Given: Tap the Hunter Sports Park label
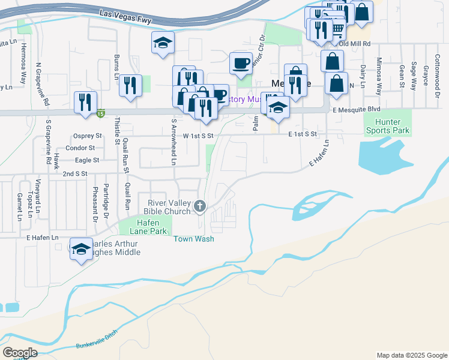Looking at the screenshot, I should tap(387, 124).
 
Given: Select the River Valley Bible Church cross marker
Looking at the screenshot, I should tap(200, 207).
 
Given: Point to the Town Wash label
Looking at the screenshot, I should tap(194, 239).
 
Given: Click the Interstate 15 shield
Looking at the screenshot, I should tap(100, 112).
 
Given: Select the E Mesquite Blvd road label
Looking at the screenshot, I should tap(357, 109).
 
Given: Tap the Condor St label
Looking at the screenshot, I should tap(80, 148).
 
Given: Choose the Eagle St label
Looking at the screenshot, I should tap(87, 160).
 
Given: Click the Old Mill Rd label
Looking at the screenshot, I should tap(355, 44).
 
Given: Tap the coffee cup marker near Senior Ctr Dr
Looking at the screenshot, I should tap(241, 63).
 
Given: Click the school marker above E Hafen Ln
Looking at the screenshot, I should tap(80, 249).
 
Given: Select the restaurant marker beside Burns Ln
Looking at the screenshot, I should tap(130, 84).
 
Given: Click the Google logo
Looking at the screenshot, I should tap(20, 353).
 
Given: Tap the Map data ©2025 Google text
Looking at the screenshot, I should tap(411, 355).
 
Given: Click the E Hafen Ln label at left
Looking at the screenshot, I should tap(41, 238).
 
